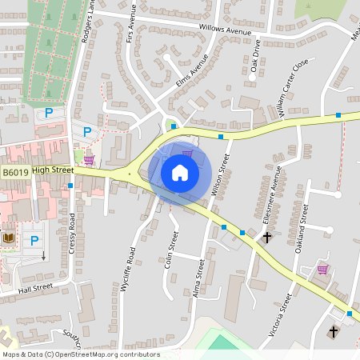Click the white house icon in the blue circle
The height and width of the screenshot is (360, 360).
(179, 172)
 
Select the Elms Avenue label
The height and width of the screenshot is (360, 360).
(191, 70)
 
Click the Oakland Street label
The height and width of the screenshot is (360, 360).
(302, 227)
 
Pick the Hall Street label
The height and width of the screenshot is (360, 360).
(35, 288)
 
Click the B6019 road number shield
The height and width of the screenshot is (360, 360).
(15, 172)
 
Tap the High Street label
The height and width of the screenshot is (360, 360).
(54, 170)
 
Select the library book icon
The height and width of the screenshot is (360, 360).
(9, 238)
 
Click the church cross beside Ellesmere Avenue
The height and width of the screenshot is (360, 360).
(267, 238)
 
